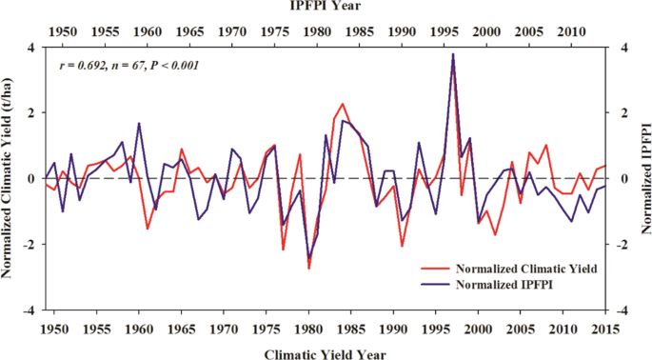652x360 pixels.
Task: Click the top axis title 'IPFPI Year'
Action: click(326, 7)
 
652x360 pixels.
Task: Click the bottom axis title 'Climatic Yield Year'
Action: click(326, 352)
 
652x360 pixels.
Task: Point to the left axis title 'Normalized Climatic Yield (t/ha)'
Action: click(9, 178)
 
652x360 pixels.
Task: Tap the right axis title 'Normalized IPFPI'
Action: click(643, 178)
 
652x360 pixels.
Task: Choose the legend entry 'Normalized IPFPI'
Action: click(504, 285)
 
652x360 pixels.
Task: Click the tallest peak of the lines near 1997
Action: click(452, 54)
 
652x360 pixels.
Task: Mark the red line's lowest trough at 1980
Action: click(308, 269)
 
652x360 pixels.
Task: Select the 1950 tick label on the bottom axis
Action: click(54, 329)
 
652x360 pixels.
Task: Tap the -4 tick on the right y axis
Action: click(622, 310)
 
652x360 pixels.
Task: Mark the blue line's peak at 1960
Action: click(139, 123)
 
